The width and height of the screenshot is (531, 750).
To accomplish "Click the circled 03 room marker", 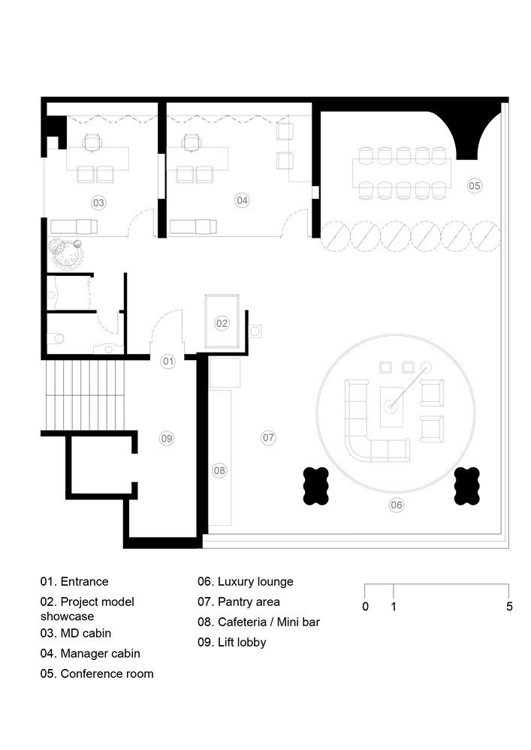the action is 98,202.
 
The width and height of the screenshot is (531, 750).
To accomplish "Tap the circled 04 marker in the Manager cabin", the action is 243,200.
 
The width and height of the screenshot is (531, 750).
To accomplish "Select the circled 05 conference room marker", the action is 475,185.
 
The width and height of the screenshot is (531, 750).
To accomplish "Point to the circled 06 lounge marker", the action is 397,505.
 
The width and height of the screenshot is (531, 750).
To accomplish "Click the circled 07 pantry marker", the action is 269,437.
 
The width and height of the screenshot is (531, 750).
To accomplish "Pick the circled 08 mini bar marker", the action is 219,471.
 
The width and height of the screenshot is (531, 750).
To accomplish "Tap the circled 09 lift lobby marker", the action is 167,438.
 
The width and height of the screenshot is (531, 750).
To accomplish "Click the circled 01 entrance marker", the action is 168,361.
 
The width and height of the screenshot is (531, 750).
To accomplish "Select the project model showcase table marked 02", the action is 222,322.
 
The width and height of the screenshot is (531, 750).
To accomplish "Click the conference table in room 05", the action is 402,173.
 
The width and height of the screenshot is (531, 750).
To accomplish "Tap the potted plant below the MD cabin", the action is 65,253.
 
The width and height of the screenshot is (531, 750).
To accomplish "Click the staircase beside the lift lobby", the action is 85,395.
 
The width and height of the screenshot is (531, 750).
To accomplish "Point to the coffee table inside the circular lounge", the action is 391,406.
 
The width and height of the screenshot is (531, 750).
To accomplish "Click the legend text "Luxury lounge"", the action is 255,582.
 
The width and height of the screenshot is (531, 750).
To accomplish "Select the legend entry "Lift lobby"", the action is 232,642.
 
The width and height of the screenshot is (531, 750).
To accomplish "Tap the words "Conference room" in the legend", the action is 107,673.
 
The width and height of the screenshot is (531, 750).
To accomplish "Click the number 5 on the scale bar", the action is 509,607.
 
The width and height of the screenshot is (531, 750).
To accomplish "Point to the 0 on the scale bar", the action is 365,607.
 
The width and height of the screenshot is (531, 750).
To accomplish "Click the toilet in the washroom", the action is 56,339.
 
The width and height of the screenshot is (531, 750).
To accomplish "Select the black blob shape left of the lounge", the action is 316,486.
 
